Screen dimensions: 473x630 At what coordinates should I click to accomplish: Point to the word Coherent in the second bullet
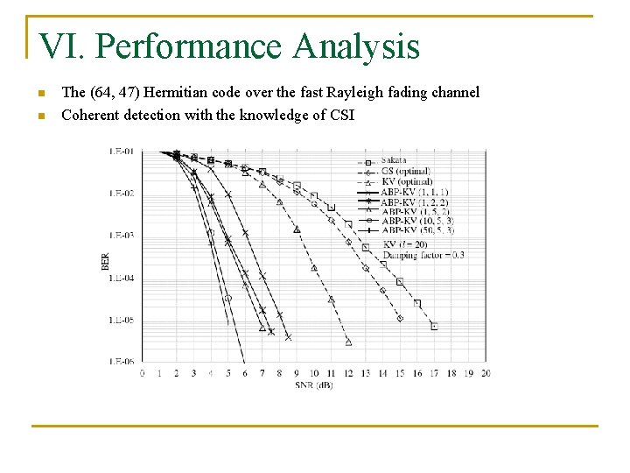[89, 115]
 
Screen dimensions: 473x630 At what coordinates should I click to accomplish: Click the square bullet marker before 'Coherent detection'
[40, 115]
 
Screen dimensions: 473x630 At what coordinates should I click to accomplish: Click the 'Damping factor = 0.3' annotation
[423, 256]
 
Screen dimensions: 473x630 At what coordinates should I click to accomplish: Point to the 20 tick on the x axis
[486, 374]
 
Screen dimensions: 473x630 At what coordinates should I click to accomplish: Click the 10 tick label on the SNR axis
[314, 374]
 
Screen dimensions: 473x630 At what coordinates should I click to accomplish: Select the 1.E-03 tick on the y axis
[122, 236]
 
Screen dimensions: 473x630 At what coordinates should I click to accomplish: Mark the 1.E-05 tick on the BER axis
[122, 321]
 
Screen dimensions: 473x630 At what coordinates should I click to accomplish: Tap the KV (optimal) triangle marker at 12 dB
[348, 342]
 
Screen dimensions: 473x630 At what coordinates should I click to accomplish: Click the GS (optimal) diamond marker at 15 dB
[400, 318]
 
